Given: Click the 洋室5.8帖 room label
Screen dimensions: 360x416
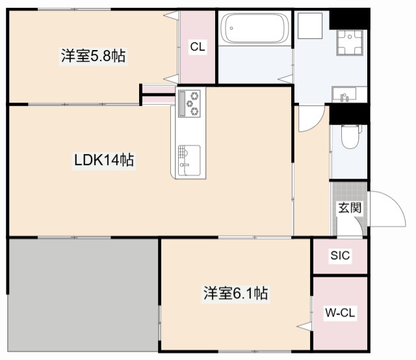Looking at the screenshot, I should pos(93,57).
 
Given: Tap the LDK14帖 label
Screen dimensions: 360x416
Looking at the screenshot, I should pos(103,160).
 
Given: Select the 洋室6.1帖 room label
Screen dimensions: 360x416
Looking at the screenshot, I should pos(235,294).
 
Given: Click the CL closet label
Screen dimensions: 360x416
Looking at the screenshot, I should pos(198,47).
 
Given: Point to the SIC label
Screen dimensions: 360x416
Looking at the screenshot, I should pos(340,256).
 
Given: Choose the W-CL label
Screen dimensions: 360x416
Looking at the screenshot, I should pos(340,313).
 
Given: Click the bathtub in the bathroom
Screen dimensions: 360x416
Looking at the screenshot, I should pos(254,29).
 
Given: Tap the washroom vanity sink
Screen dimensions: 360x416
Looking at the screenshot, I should pos(344,96).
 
